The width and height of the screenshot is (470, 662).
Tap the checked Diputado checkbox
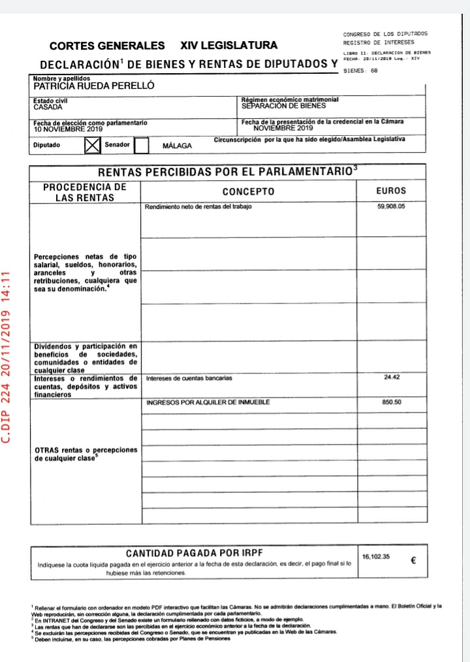(93, 144)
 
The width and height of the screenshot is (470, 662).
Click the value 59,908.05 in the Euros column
(391, 206)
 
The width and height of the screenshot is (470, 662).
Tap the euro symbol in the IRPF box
(413, 560)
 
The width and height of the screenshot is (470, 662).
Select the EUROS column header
(391, 191)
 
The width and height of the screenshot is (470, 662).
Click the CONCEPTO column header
(249, 191)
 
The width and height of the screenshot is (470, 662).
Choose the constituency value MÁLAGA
(177, 146)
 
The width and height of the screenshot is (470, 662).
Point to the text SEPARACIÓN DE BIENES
(283, 105)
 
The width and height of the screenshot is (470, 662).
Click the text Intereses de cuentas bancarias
(189, 378)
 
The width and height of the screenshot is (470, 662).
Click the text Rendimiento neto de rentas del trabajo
(198, 206)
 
